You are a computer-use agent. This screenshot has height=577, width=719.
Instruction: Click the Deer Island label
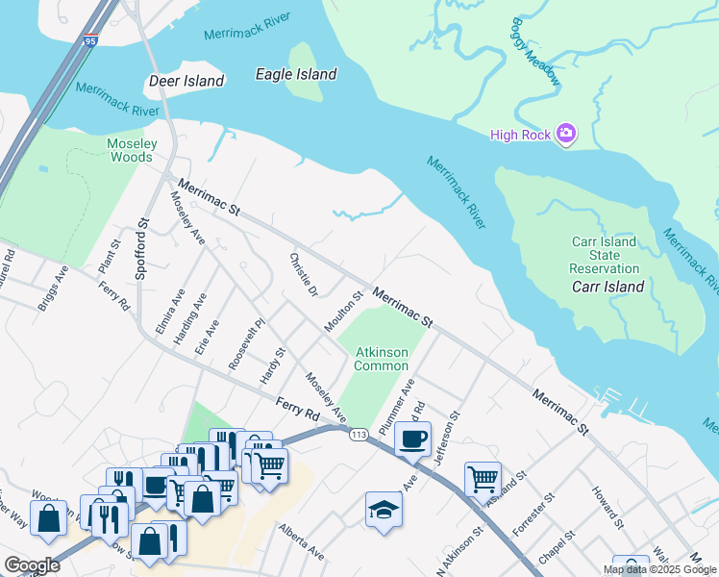click(186, 82)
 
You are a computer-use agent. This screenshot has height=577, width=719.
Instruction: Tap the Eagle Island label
click(296, 74)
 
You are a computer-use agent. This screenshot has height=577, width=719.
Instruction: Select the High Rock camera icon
click(566, 134)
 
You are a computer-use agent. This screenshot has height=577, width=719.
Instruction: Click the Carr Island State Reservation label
click(604, 255)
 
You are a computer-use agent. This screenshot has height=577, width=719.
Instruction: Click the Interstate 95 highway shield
click(90, 40)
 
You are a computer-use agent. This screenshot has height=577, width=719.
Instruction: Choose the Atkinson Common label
click(382, 359)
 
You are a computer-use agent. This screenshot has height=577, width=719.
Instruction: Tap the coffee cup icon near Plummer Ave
click(412, 439)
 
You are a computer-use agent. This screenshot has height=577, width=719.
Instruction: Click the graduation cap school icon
click(384, 510)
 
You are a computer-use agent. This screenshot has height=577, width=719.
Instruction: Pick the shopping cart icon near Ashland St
click(482, 478)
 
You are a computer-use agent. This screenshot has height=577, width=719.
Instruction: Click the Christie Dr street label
click(303, 275)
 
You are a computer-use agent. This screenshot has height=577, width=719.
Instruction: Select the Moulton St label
click(343, 312)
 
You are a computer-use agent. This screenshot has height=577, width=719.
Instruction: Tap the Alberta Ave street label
click(302, 541)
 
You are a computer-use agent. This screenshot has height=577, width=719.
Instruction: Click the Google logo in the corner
click(32, 565)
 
